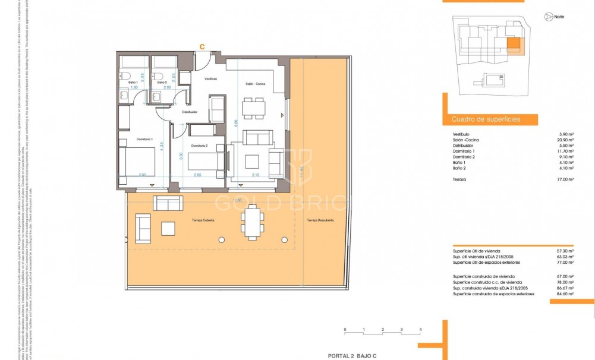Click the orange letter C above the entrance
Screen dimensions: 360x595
(202, 46)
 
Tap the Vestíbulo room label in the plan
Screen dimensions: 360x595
(211, 78)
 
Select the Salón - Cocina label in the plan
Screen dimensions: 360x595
(255, 84)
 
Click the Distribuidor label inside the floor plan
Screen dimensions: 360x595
(189, 112)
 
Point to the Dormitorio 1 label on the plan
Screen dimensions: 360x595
(145, 138)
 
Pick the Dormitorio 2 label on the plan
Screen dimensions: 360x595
(200, 146)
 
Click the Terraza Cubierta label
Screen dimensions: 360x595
(202, 220)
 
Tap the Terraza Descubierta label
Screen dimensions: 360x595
(320, 220)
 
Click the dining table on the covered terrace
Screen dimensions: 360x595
(252, 220)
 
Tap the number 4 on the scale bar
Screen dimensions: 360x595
(420, 329)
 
